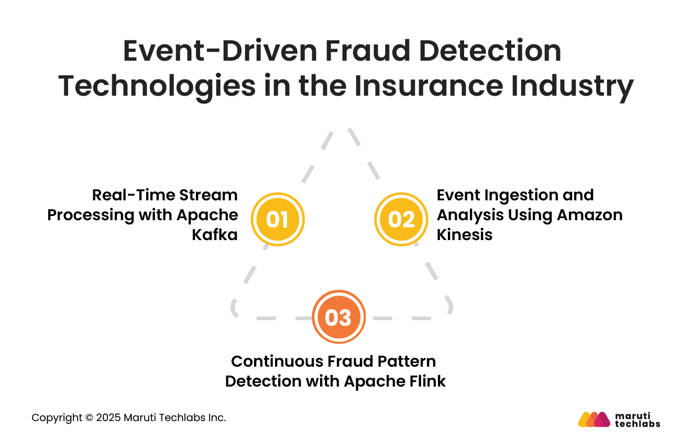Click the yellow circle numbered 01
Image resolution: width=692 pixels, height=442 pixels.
(277, 219)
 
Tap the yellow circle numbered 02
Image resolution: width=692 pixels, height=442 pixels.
(402, 219)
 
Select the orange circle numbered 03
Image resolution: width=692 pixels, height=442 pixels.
(338, 317)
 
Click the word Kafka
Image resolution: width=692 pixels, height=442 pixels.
(215, 234)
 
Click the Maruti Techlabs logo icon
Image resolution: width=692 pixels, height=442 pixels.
(594, 419)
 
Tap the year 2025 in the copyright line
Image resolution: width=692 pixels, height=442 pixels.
(109, 417)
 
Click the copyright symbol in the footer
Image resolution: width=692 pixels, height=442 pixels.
(89, 417)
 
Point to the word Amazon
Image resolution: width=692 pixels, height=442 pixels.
(591, 214)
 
